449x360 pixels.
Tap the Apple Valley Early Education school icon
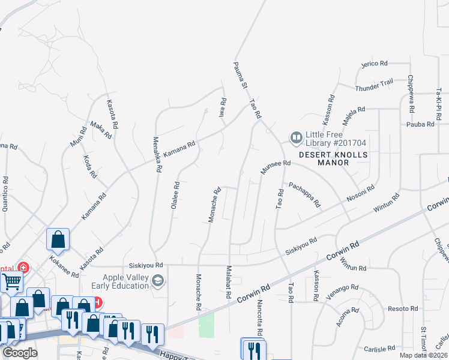pyautogui.click(x=158, y=281)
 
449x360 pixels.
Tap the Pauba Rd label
pyautogui.click(x=420, y=124)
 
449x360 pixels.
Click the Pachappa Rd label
pyautogui.click(x=304, y=194)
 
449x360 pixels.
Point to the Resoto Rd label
pyautogui.click(x=403, y=308)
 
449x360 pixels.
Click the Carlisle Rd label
pyautogui.click(x=379, y=348)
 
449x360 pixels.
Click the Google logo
pyautogui.click(x=20, y=353)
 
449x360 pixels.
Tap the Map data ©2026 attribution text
pyautogui.click(x=423, y=355)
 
